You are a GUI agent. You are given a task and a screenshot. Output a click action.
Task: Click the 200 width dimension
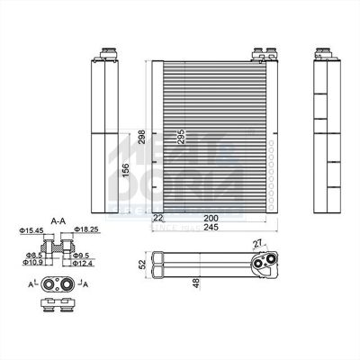tap(210, 217)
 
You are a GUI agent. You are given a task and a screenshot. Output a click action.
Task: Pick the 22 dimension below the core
tap(158, 217)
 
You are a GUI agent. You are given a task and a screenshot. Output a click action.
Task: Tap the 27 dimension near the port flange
tap(260, 244)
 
